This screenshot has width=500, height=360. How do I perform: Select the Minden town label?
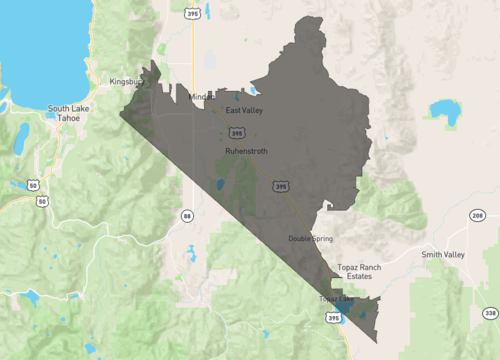pyautogui.click(x=201, y=97)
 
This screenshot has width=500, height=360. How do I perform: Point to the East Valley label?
pyautogui.click(x=244, y=110)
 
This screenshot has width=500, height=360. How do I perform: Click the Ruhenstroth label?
pyautogui.click(x=245, y=151)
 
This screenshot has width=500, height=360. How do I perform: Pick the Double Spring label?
pyautogui.click(x=311, y=238)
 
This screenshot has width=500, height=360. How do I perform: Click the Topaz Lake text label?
pyautogui.click(x=336, y=299)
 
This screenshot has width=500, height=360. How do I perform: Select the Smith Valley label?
pyautogui.click(x=443, y=255)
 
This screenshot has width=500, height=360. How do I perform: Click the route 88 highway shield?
pyautogui.click(x=187, y=215)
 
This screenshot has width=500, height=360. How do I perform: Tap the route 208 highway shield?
pyautogui.click(x=478, y=215)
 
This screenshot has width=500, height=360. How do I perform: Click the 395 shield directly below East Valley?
pyautogui.click(x=236, y=132)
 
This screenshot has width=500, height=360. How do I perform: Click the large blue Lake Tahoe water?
pyautogui.click(x=35, y=45)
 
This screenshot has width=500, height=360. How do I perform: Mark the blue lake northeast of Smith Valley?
pyautogui.click(x=441, y=108)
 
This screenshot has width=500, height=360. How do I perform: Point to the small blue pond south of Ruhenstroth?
pyautogui.click(x=219, y=184)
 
